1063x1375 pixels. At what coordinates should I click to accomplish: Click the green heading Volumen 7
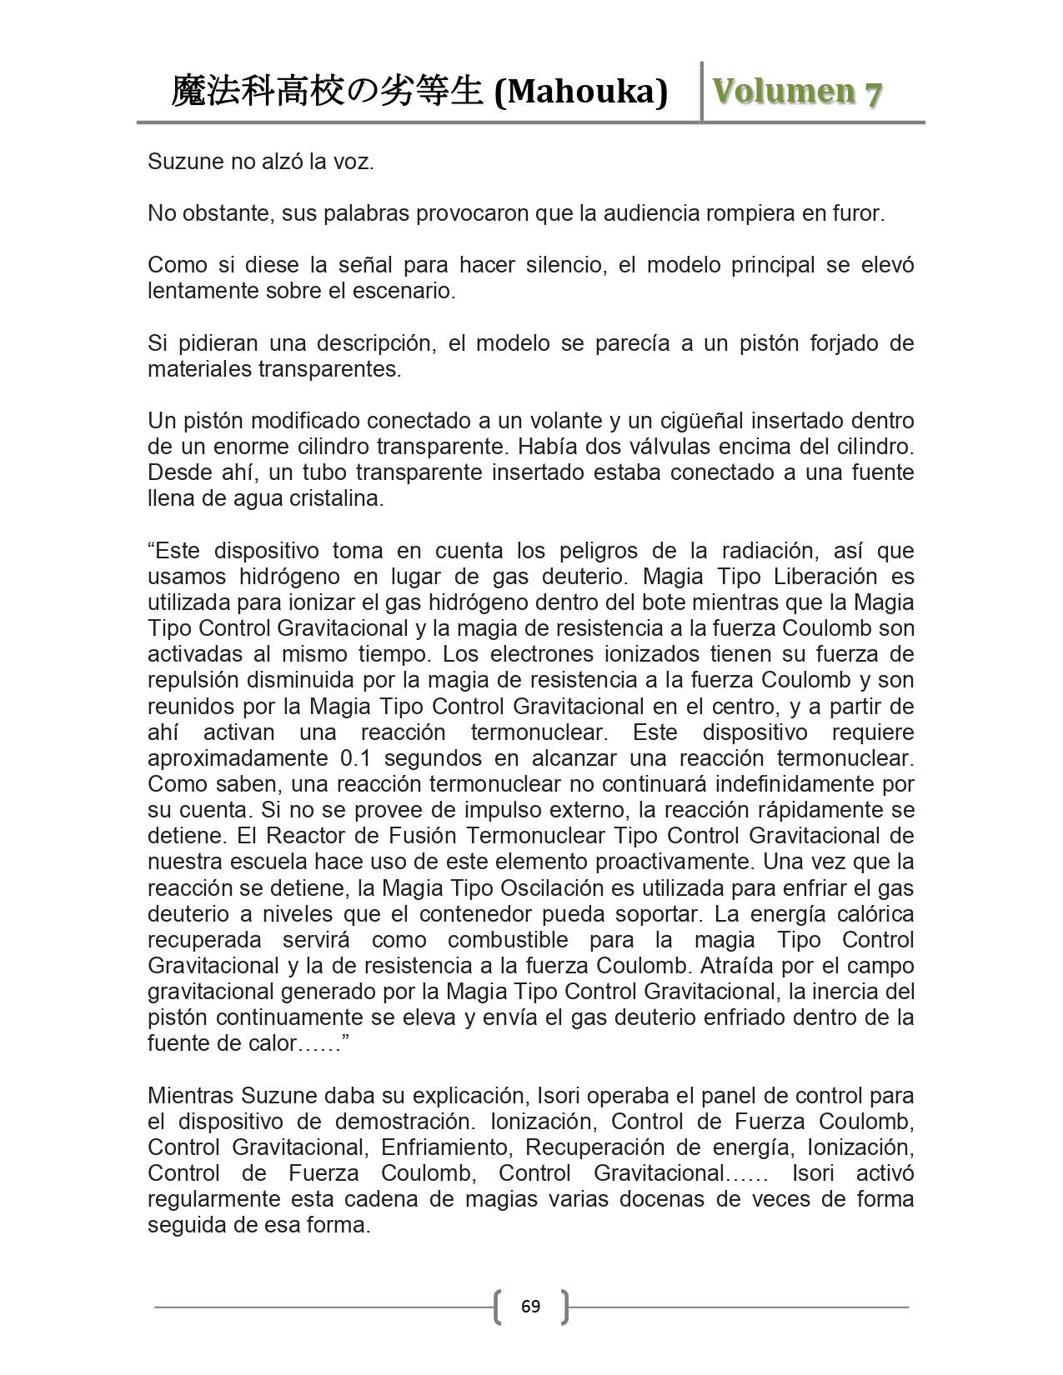pos(795,92)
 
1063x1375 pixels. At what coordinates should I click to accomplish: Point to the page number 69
pos(530,1306)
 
